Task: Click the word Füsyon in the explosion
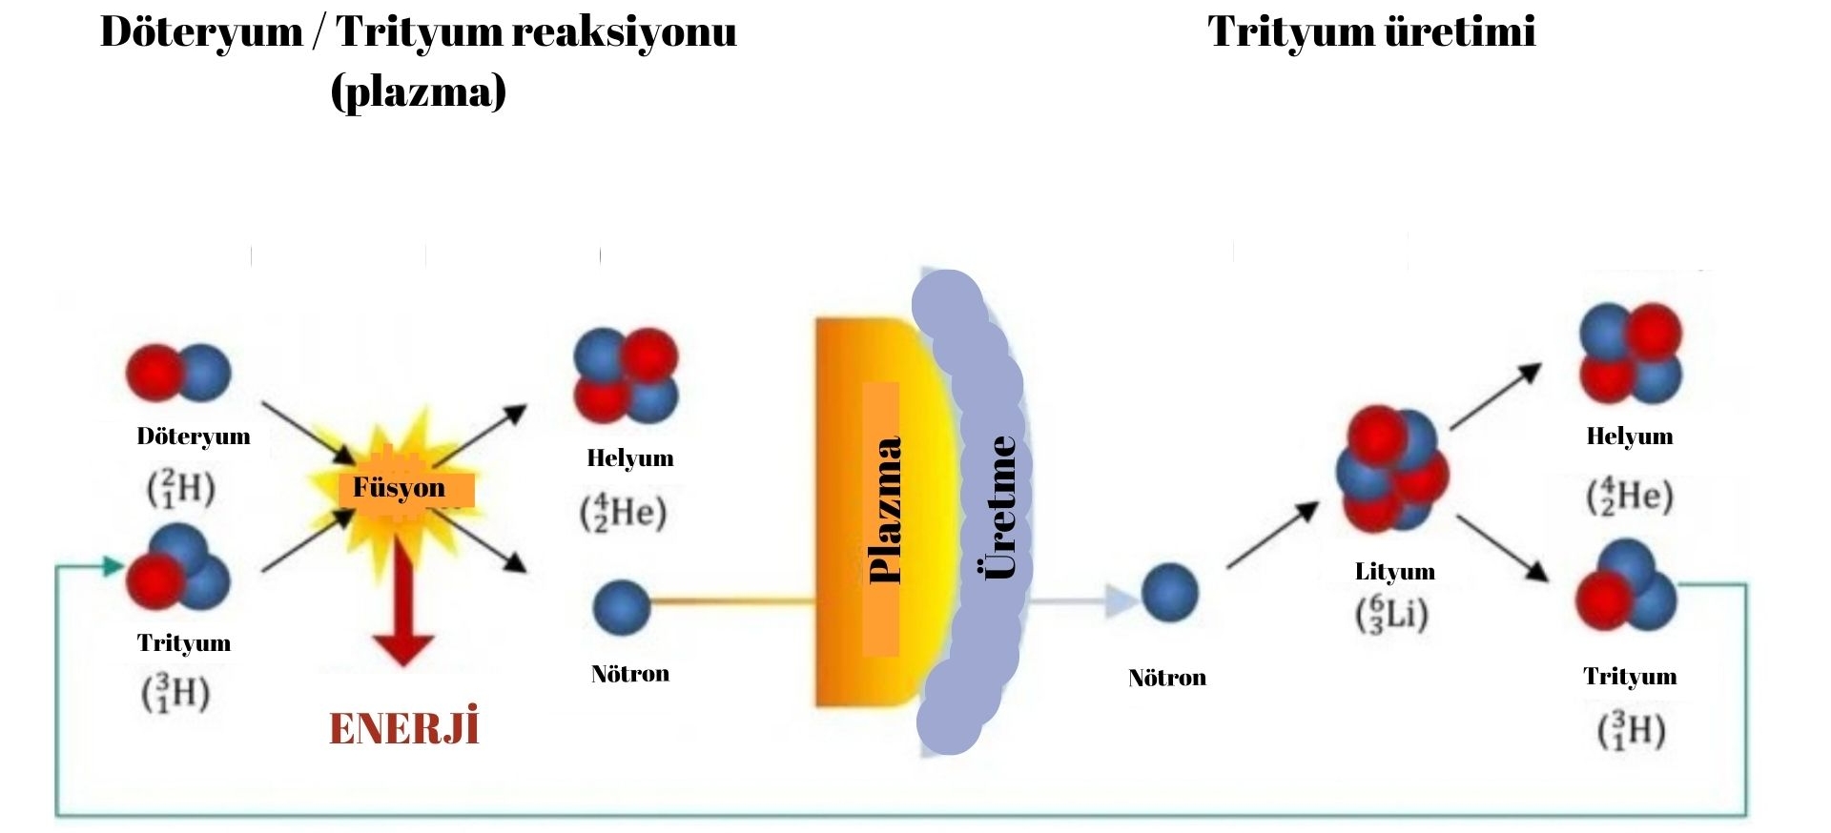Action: (400, 488)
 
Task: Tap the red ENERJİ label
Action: (403, 728)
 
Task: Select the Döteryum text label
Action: (194, 437)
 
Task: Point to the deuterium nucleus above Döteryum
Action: (179, 373)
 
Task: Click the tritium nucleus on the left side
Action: (179, 570)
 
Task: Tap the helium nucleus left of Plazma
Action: (626, 376)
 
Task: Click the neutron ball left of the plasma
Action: (621, 608)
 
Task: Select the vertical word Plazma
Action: (885, 511)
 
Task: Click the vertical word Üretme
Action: (998, 507)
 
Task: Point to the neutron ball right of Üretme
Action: (1169, 593)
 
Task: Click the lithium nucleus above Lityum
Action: (1391, 469)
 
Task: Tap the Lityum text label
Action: (1394, 572)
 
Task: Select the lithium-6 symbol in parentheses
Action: (1392, 614)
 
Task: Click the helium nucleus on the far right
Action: (1631, 353)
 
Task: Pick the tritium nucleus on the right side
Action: (1625, 586)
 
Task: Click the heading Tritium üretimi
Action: (1371, 31)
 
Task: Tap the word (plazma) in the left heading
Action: (418, 92)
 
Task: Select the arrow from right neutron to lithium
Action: (1272, 536)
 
